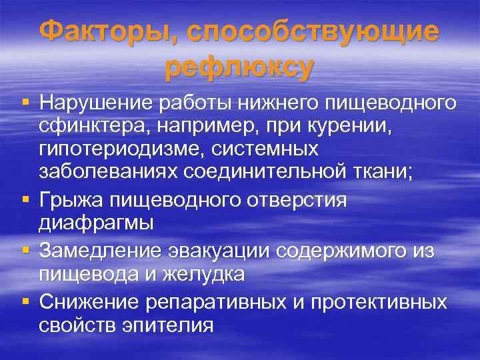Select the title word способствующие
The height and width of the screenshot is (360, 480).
pyautogui.click(x=313, y=31)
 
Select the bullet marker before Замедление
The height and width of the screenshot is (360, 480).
pyautogui.click(x=25, y=250)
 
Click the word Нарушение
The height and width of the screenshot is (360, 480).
pyautogui.click(x=96, y=103)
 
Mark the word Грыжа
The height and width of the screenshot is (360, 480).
pyautogui.click(x=70, y=199)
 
